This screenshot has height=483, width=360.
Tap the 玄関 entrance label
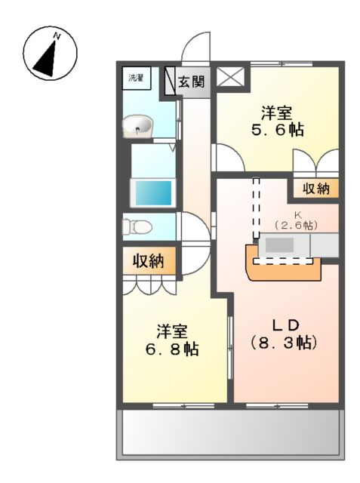point(192,82)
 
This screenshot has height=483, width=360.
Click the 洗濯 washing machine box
point(137,78)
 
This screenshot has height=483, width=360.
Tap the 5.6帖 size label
point(278,131)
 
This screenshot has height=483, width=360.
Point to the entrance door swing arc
point(198,47)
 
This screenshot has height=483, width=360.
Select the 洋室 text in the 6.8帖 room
point(172,331)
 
